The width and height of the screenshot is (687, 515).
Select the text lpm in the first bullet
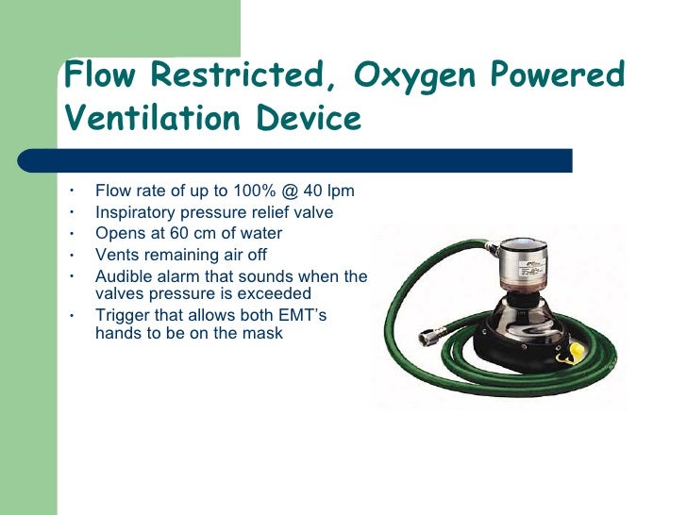coord(337,192)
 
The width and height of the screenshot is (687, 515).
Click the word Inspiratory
coord(136,213)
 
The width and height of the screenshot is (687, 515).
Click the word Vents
coord(117,254)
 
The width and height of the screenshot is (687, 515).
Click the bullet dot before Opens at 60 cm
coord(72,233)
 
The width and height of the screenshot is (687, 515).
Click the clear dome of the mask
coord(518,312)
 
